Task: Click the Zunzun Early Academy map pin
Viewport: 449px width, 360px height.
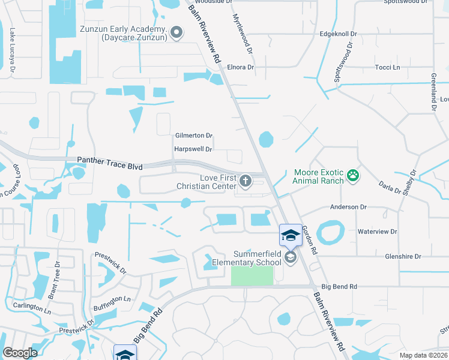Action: tap(176, 33)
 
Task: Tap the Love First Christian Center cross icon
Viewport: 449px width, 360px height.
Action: tap(246, 181)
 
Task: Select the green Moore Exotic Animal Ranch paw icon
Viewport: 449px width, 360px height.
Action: tap(354, 176)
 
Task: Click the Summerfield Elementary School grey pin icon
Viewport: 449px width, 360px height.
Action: tap(290, 257)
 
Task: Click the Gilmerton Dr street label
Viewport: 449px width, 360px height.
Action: tap(194, 136)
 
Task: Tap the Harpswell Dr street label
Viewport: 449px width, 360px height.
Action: tap(193, 149)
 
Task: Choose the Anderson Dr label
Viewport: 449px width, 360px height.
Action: tap(348, 207)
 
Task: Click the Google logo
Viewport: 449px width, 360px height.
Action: tap(20, 352)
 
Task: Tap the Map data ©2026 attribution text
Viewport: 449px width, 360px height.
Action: tap(423, 355)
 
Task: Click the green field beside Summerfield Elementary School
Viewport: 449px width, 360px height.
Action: tap(252, 276)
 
